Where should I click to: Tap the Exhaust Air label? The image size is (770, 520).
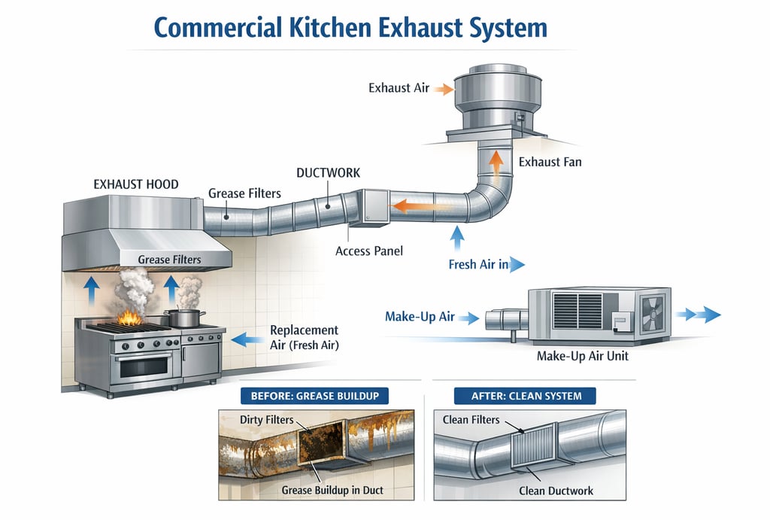point(399,88)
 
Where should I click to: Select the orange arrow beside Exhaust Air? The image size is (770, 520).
point(444,89)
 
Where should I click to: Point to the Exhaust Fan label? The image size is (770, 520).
point(550,161)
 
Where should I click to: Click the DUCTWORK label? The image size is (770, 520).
point(328,173)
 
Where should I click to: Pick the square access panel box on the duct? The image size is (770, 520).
point(372,204)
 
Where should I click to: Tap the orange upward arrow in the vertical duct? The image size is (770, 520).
point(496,160)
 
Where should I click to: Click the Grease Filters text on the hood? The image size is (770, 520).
point(169,260)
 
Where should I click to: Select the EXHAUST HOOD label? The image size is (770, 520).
point(135,183)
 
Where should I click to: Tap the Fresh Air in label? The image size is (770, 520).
point(478,264)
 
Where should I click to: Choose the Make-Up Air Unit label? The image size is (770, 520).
point(584,355)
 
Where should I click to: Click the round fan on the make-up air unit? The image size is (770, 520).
point(653,313)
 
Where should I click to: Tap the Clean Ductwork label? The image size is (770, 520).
point(556,491)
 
